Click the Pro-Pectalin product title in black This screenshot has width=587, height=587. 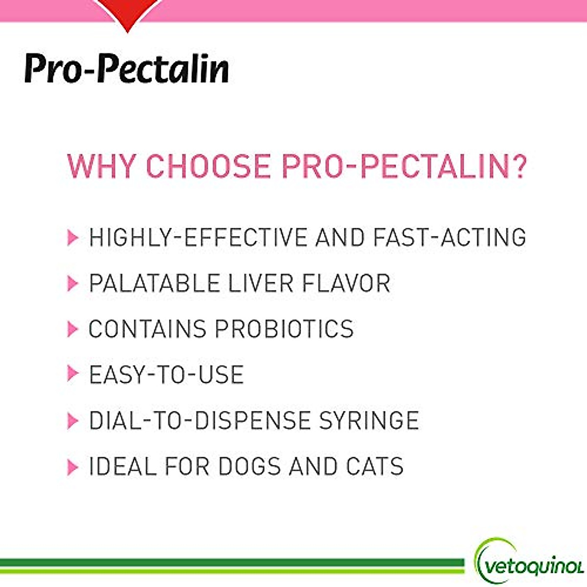pos(126,69)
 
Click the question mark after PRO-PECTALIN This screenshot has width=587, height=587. pos(517,166)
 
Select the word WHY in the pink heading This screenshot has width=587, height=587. pos(101,166)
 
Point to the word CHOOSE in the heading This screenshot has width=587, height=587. pos(208,166)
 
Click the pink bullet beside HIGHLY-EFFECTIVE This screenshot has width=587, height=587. pos(72,238)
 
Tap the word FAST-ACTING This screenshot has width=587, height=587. pos(449,237)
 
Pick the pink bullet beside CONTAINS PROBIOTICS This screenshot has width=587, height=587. pos(72,329)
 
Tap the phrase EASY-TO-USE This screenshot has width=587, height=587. pos(166,375)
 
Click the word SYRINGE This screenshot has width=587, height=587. pos(369,421)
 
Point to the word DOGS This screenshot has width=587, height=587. pos(249,466)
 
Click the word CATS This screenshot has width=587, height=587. pos(375,466)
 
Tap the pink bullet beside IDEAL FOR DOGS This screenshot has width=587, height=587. pos(72,467)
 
